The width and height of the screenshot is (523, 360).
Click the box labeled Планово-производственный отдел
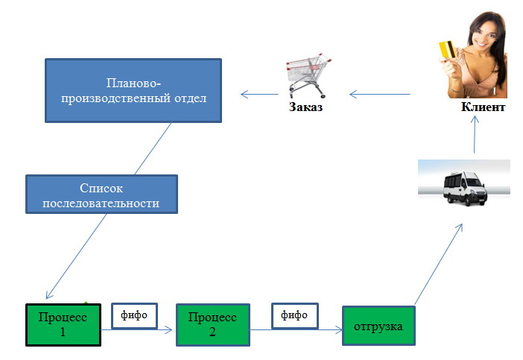(133, 90)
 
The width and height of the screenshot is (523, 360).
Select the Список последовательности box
(101, 195)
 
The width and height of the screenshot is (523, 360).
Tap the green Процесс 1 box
(63, 325)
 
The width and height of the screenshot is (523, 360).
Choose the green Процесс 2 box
(213, 325)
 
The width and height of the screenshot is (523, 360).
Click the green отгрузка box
(378, 326)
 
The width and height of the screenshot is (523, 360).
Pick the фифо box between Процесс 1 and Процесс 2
(134, 315)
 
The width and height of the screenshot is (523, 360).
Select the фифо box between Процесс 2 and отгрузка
(295, 315)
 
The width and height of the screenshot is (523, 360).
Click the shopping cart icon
(308, 75)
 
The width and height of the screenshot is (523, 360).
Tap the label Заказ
(305, 107)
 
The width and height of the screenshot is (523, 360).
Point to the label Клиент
(483, 107)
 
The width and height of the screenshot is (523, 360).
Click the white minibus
(465, 189)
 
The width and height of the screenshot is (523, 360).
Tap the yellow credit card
(447, 49)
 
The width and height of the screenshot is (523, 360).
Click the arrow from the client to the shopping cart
(379, 95)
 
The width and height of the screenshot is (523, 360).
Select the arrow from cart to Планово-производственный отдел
(259, 95)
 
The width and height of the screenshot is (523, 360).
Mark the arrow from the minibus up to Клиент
(475, 134)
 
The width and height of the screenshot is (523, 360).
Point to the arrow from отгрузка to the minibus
(439, 265)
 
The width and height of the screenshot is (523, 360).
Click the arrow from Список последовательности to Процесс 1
(77, 256)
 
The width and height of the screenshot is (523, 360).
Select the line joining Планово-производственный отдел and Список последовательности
(153, 148)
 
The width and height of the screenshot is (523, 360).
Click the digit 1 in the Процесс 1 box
(63, 332)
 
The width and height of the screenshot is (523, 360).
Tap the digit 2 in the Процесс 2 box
(212, 332)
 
